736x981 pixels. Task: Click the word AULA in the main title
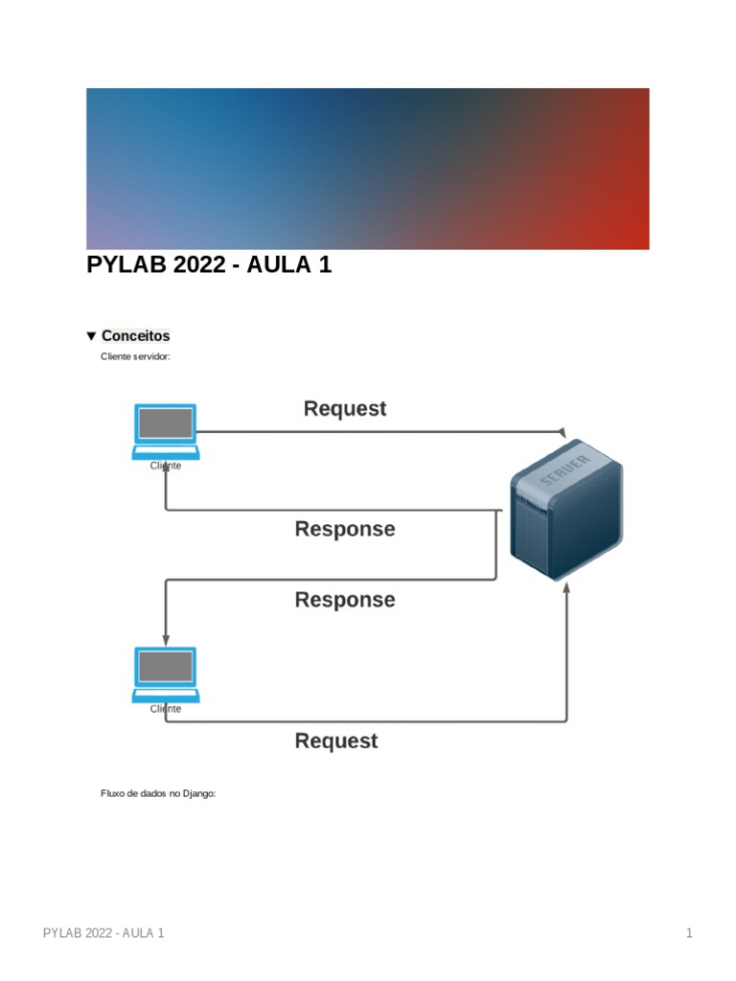pyautogui.click(x=277, y=265)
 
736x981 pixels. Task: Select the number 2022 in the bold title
pyautogui.click(x=200, y=265)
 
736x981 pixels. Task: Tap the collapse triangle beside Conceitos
pyautogui.click(x=91, y=336)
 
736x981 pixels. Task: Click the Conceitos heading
pyautogui.click(x=135, y=336)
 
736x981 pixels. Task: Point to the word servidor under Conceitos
pyautogui.click(x=151, y=356)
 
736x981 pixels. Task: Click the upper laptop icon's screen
pyautogui.click(x=166, y=422)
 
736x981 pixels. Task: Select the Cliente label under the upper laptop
pyautogui.click(x=166, y=467)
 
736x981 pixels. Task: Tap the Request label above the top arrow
pyautogui.click(x=344, y=409)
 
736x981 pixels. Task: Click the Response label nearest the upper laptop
pyautogui.click(x=344, y=529)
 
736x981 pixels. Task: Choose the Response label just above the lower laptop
pyautogui.click(x=344, y=600)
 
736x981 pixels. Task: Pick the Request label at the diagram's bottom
pyautogui.click(x=335, y=741)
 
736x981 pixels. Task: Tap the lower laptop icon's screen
pyautogui.click(x=166, y=666)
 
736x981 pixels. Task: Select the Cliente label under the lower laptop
pyautogui.click(x=166, y=710)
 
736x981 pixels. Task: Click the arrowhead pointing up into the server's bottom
pyautogui.click(x=566, y=586)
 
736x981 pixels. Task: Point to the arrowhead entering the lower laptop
pyautogui.click(x=166, y=640)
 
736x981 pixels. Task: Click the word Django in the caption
pyautogui.click(x=198, y=794)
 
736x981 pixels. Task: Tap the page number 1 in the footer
pyautogui.click(x=689, y=933)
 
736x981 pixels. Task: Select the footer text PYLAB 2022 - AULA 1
pyautogui.click(x=104, y=933)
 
